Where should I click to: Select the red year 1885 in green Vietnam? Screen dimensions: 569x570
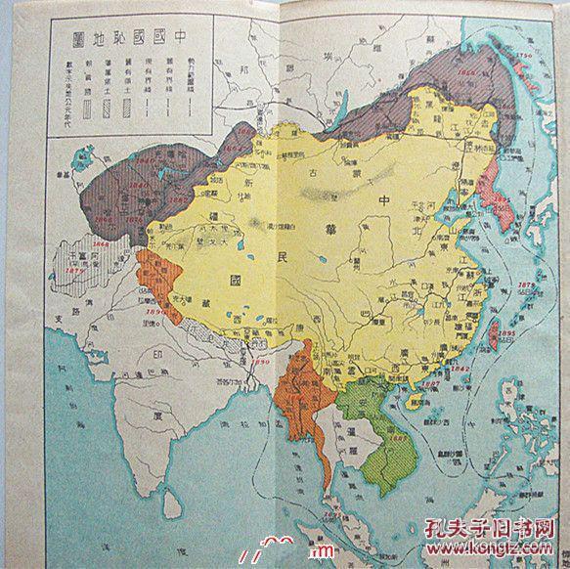(373, 437)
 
